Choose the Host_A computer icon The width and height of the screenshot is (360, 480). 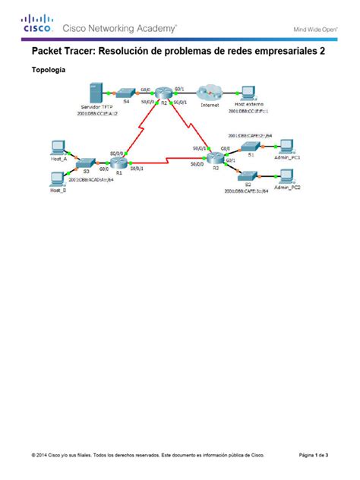click(x=56, y=147)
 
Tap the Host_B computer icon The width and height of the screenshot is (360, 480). click(x=56, y=178)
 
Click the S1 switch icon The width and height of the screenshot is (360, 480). click(x=248, y=146)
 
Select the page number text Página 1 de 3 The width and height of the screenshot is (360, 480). click(x=313, y=456)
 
